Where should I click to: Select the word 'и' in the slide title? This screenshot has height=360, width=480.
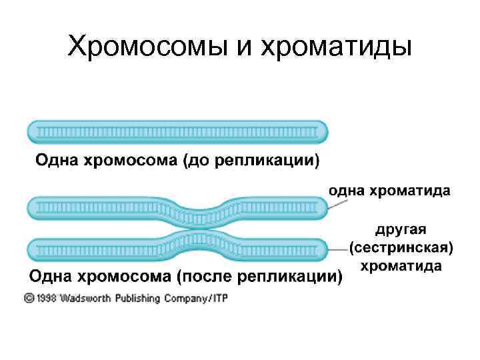tap(233, 48)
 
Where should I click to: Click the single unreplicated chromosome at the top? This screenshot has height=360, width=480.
tap(177, 131)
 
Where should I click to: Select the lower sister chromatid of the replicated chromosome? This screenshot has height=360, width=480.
tap(100, 249)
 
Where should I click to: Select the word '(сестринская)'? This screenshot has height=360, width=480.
tap(402, 248)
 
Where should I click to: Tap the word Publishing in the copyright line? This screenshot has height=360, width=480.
tap(139, 298)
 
